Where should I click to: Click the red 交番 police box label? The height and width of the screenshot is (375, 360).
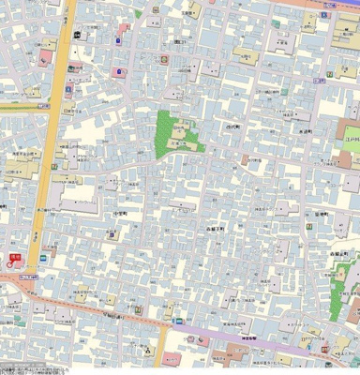coord(15,255)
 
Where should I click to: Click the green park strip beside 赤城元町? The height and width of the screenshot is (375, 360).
coord(338,295)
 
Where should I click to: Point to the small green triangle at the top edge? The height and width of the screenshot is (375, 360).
coord(138,14)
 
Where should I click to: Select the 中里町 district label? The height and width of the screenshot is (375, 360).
coord(119,213)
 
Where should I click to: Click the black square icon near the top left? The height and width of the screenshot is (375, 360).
coord(77,37)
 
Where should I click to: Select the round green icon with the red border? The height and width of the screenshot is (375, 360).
coord(164,59)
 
